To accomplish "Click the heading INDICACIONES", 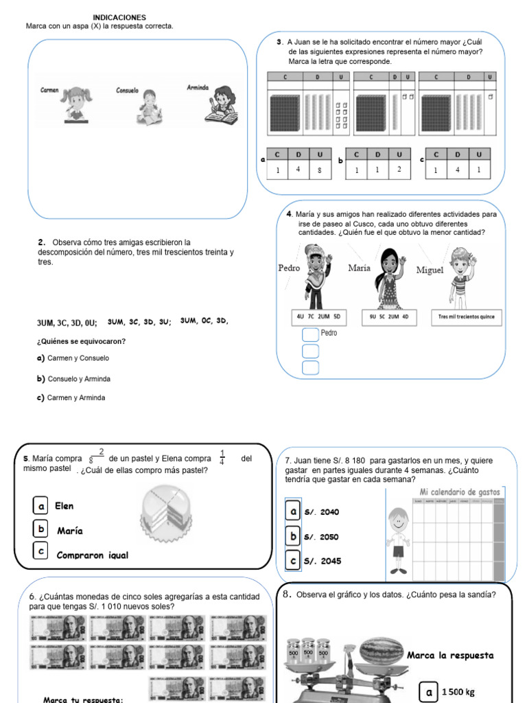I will tap(119, 17).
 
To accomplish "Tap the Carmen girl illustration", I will tap(73, 104).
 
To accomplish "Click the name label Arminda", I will tap(198, 87).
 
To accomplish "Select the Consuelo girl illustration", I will tap(148, 108).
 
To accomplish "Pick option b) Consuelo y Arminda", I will tap(73, 379).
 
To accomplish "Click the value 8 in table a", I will tap(320, 170).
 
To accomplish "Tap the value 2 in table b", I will tap(399, 169).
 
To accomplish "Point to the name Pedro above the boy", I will tap(289, 268).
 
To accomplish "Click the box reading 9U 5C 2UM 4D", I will tap(388, 317).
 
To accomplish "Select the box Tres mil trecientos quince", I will tap(467, 317).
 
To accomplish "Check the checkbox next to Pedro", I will tap(310, 334).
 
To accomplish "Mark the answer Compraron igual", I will tap(92, 555).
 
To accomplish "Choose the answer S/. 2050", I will tap(321, 537).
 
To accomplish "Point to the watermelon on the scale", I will tap(382, 651).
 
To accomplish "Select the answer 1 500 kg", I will tap(458, 691).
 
